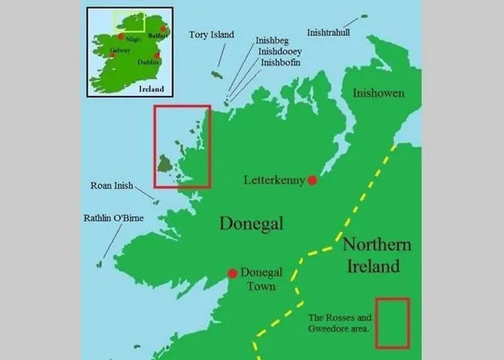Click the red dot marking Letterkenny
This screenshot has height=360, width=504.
(x=312, y=180)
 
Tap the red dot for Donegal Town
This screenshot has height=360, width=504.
(x=233, y=274)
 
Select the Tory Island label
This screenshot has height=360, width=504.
(x=211, y=35)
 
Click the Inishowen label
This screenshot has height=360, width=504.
(x=378, y=93)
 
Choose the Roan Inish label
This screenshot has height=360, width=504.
(x=112, y=186)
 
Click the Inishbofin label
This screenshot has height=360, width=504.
(x=281, y=63)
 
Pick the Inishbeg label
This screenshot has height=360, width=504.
(x=274, y=41)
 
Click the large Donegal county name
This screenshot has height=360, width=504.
(x=251, y=223)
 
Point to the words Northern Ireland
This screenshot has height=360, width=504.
(x=377, y=255)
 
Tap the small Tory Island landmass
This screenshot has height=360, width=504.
(x=217, y=74)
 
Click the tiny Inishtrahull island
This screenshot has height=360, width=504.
(x=364, y=16)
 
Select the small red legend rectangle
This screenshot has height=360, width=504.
(x=392, y=323)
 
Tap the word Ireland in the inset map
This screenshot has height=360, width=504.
(x=151, y=89)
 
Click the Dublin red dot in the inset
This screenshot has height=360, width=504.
(x=156, y=55)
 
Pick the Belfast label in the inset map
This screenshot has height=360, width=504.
(x=158, y=35)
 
